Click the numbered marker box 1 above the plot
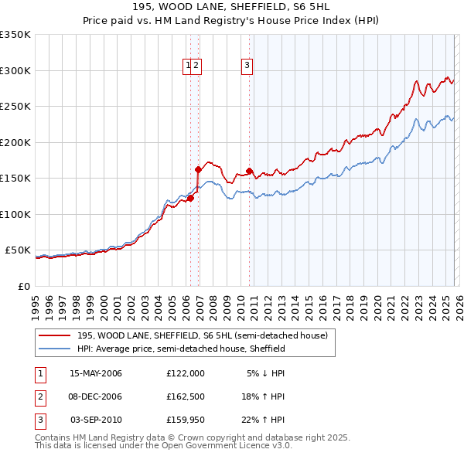click(x=188, y=66)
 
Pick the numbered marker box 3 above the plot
click(x=247, y=66)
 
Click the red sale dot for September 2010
click(x=249, y=171)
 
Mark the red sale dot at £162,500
click(x=199, y=169)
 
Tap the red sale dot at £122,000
click(x=190, y=198)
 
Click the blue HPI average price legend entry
click(x=181, y=349)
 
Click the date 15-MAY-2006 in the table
click(x=96, y=373)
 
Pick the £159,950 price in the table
click(x=186, y=420)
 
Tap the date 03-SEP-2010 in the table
click(x=96, y=420)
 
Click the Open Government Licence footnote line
click(x=163, y=446)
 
